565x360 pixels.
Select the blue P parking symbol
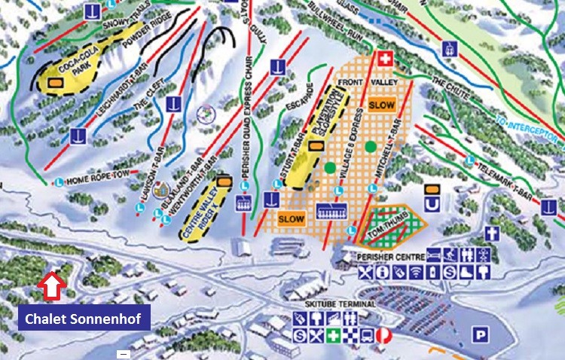[x=478, y=334]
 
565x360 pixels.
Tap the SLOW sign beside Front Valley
[x=382, y=105]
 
